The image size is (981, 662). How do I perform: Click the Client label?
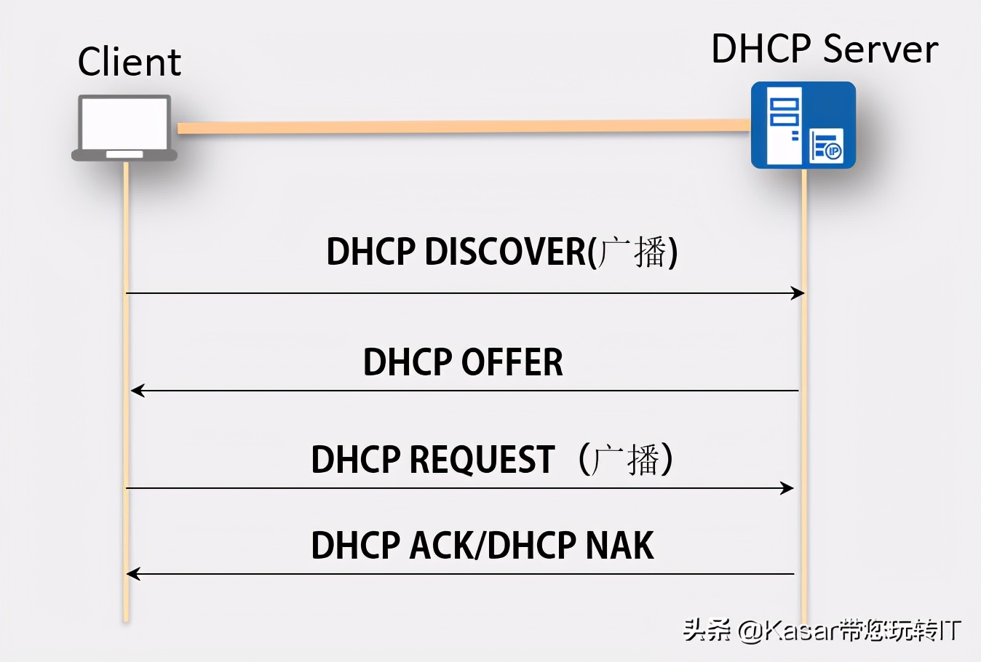click(129, 62)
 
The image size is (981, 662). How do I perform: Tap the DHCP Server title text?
click(824, 49)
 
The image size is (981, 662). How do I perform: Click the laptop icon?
click(124, 128)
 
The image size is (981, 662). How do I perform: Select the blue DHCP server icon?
click(803, 125)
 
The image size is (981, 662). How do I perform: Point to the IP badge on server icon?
click(833, 151)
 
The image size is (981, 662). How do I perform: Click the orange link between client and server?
click(463, 127)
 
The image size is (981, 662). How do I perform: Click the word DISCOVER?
click(505, 252)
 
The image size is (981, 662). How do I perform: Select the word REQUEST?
click(482, 460)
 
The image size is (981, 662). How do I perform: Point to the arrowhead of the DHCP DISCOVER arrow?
click(799, 293)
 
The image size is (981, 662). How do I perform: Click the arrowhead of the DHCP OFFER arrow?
click(136, 391)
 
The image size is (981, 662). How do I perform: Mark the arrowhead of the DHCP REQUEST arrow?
click(788, 488)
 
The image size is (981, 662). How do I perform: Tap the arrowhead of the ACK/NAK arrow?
click(132, 574)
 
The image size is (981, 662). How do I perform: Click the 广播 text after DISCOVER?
click(632, 252)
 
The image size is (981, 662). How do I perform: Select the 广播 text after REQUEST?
click(626, 460)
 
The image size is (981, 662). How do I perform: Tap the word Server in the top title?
click(881, 49)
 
